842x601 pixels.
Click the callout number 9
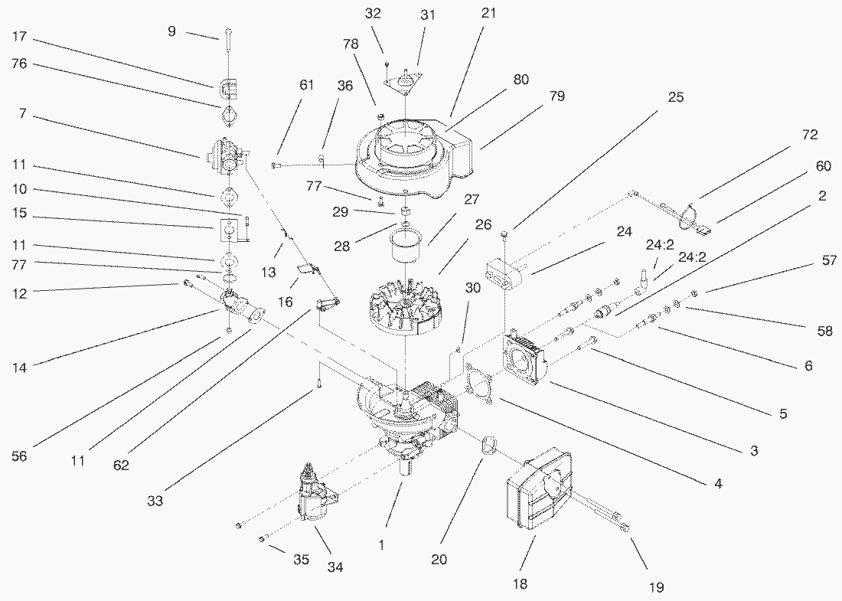pyautogui.click(x=171, y=31)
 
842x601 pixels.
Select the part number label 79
pyautogui.click(x=556, y=96)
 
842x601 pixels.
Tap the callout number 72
pyautogui.click(x=810, y=136)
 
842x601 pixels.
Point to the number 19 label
pyautogui.click(x=656, y=587)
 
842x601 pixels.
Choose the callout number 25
pyautogui.click(x=675, y=97)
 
